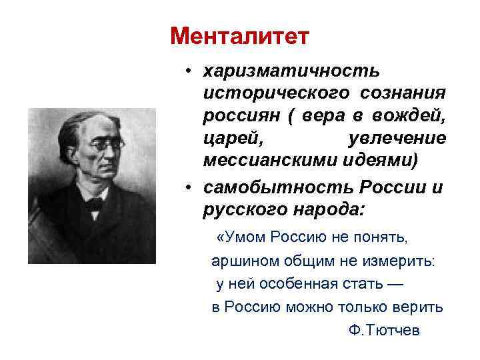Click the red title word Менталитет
point(239,36)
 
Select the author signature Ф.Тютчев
point(385,331)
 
